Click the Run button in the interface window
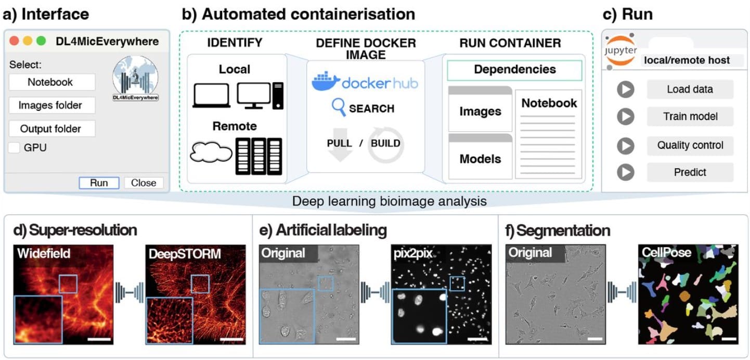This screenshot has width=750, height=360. pyautogui.click(x=99, y=183)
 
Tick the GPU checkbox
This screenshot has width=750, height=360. pyautogui.click(x=14, y=148)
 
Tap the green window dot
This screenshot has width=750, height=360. pyautogui.click(x=41, y=41)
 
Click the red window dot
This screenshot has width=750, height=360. pyautogui.click(x=14, y=41)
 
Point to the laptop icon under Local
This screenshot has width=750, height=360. pyautogui.click(x=211, y=96)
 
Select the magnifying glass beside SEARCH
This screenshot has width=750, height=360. pyautogui.click(x=339, y=108)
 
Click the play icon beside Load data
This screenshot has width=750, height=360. pyautogui.click(x=626, y=89)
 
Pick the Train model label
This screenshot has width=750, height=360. pyautogui.click(x=690, y=117)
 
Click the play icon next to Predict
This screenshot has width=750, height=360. pyautogui.click(x=626, y=172)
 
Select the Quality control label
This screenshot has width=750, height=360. pyautogui.click(x=690, y=145)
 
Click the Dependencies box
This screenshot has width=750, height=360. pyautogui.click(x=514, y=70)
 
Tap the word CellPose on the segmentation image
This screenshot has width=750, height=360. pyautogui.click(x=666, y=253)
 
